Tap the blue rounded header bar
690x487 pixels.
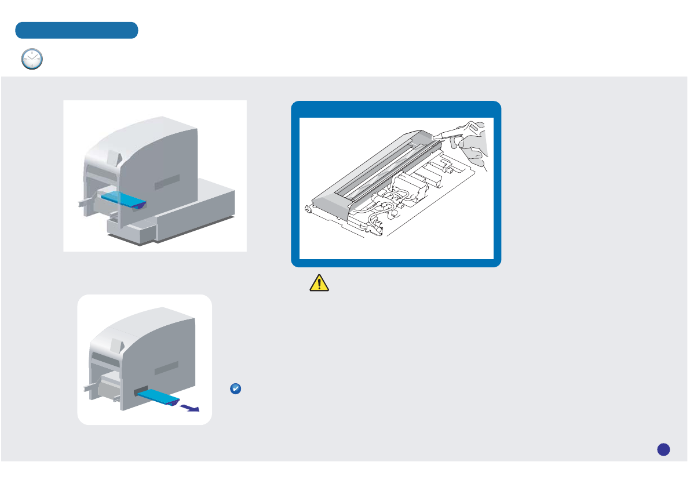pyautogui.click(x=76, y=30)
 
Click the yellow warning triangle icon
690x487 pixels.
pyautogui.click(x=319, y=282)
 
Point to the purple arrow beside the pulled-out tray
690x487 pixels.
pyautogui.click(x=189, y=408)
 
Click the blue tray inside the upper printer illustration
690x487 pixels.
pyautogui.click(x=123, y=199)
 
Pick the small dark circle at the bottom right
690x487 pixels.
pyautogui.click(x=664, y=449)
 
